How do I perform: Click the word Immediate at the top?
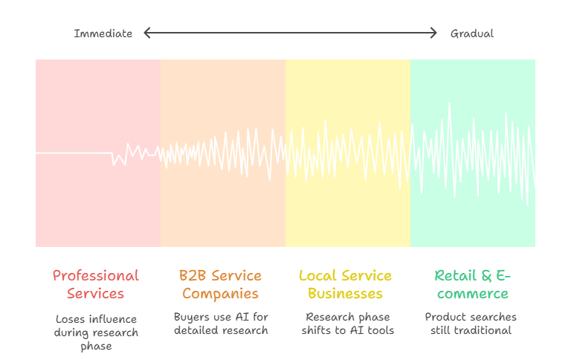click(x=103, y=33)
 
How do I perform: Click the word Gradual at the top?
click(x=471, y=33)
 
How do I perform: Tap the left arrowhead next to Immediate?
click(x=146, y=33)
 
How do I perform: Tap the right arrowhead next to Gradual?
click(x=434, y=33)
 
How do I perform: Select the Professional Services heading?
click(x=95, y=284)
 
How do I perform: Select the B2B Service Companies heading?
click(x=220, y=284)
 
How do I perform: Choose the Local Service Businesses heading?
click(x=345, y=284)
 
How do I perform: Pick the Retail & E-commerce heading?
click(x=472, y=284)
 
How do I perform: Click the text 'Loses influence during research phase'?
click(x=95, y=332)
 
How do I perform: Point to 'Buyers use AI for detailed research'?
click(x=221, y=324)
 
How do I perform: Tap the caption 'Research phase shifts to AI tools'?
click(x=347, y=324)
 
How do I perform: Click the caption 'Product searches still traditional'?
click(x=471, y=324)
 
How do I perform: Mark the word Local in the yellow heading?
click(x=315, y=276)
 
